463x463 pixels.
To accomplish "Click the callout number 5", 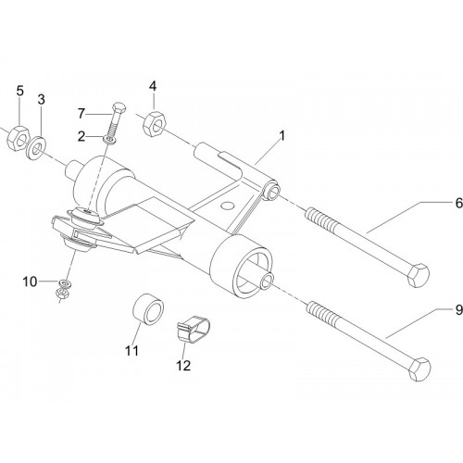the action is (x=19, y=91).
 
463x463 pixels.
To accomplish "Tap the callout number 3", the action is (x=41, y=99).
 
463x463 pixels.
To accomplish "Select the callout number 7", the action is (x=81, y=114).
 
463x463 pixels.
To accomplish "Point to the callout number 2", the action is (x=81, y=136).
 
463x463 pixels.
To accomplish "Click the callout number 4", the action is (x=153, y=86).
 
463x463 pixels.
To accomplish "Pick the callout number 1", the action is (x=282, y=136).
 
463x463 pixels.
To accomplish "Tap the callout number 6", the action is (x=459, y=203).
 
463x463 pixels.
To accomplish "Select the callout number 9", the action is (x=459, y=309).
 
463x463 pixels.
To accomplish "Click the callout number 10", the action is (x=30, y=282).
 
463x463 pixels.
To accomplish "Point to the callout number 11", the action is (x=131, y=350).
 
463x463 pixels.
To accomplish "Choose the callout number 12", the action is (x=183, y=366).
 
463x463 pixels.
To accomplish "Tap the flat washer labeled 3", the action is (x=37, y=147).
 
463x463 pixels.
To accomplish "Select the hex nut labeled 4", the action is (x=155, y=124).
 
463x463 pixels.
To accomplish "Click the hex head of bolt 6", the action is (x=419, y=275).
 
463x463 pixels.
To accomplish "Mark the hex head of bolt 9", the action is (x=419, y=369).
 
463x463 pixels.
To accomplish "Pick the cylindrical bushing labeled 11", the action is (x=148, y=309).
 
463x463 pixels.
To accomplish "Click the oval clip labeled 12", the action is (x=194, y=329).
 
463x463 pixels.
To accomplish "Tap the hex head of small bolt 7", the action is (x=119, y=106).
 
